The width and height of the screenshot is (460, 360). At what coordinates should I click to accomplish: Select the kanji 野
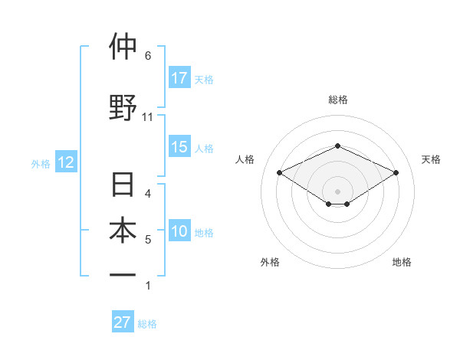[x=123, y=106]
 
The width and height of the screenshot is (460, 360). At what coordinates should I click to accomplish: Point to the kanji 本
[x=123, y=231]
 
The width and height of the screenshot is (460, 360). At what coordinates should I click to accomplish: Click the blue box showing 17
[x=179, y=78]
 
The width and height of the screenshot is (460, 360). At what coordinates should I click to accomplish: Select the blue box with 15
[x=179, y=148]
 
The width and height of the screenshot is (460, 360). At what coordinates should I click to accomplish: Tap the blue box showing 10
[x=179, y=232]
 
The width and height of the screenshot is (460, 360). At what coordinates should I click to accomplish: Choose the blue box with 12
[x=65, y=162]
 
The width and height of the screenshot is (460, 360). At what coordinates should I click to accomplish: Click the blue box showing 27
[x=123, y=322]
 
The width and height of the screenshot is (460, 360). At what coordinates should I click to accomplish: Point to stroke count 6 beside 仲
[x=148, y=55]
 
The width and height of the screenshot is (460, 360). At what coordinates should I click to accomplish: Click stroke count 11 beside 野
[x=148, y=117]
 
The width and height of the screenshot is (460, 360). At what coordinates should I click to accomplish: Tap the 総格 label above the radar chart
[x=337, y=100]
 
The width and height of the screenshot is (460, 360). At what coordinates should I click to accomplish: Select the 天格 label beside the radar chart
[x=432, y=159]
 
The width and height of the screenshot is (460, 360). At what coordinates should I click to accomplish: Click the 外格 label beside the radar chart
[x=270, y=262]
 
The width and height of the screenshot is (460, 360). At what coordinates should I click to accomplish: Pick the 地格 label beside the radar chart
[x=402, y=262]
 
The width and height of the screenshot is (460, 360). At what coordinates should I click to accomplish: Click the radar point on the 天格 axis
[x=396, y=172]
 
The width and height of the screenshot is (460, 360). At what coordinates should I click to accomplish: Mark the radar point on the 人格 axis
[x=279, y=172]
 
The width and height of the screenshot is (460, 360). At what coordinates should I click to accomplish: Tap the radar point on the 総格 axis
[x=337, y=146]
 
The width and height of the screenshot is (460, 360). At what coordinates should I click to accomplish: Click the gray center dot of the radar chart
[x=337, y=191]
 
